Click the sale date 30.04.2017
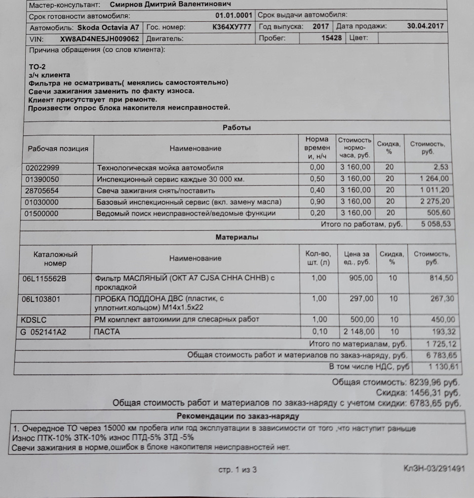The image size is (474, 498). click(x=426, y=26)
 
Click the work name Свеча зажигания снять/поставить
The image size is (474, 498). click(x=156, y=190)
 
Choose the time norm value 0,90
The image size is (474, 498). click(x=317, y=202)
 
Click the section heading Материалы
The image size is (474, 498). click(x=237, y=237)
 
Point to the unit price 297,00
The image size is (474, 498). click(x=360, y=299)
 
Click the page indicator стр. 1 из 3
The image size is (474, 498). click(x=237, y=470)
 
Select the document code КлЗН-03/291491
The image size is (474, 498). click(x=434, y=469)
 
